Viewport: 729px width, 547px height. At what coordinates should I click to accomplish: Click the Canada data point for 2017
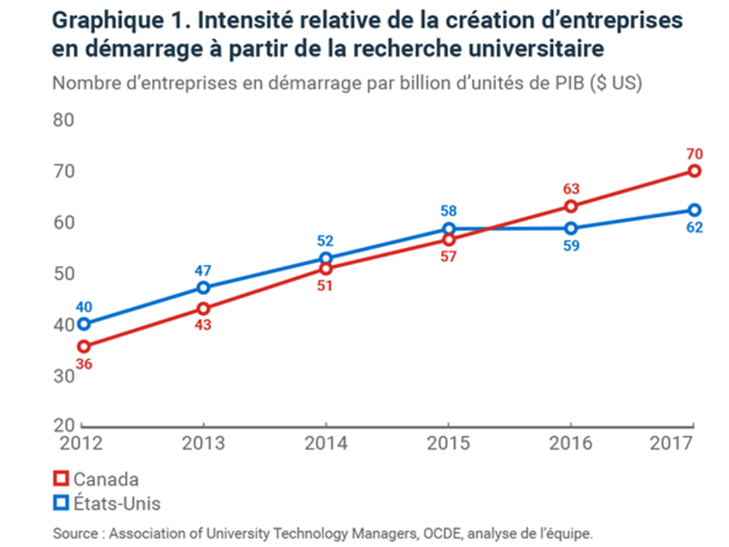click(x=694, y=171)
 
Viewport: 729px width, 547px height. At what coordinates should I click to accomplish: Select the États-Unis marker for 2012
click(x=84, y=324)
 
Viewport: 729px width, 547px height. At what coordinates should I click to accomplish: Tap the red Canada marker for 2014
click(x=326, y=269)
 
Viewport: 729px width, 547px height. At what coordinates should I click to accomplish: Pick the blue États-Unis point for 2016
click(x=571, y=228)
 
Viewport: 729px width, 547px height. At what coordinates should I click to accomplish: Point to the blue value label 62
click(x=694, y=228)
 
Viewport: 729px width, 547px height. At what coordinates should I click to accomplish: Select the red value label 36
click(x=84, y=364)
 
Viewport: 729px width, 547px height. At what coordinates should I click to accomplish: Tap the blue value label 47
click(x=203, y=271)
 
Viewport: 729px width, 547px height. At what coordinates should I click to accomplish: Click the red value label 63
click(x=571, y=188)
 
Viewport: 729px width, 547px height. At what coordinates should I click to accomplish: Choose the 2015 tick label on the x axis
click(x=449, y=443)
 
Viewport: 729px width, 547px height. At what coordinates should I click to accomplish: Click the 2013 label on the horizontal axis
click(x=204, y=443)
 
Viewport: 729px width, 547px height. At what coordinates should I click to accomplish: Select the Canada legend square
click(x=61, y=479)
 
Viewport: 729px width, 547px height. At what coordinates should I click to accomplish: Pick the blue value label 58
click(x=448, y=210)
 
